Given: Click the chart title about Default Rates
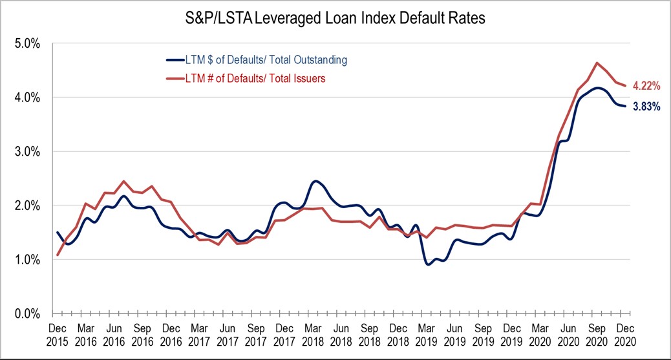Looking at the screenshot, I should click(x=335, y=19).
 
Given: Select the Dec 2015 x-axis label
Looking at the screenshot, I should click(x=58, y=334).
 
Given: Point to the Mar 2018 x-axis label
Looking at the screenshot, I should click(x=315, y=334).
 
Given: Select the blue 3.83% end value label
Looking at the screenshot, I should click(x=646, y=107).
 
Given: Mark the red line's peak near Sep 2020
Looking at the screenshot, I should click(x=597, y=63).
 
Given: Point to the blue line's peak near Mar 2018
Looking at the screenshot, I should click(x=315, y=182).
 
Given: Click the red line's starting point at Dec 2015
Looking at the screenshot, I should click(x=58, y=255).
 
